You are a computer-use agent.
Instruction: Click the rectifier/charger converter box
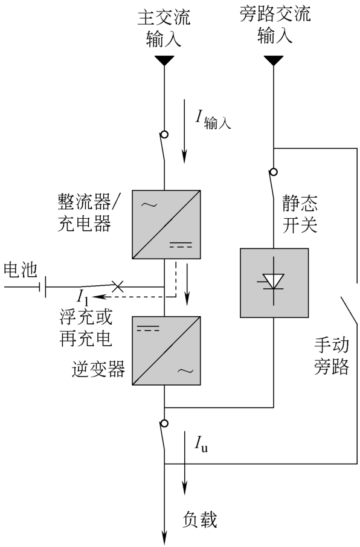click(166, 224)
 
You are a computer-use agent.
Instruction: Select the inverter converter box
click(166, 351)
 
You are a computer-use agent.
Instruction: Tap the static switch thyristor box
click(274, 283)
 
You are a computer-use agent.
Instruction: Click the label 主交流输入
click(164, 28)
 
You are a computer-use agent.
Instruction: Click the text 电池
click(20, 270)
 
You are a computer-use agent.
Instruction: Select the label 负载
click(200, 520)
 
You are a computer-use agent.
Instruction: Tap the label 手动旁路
click(332, 356)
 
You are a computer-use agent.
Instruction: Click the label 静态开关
click(300, 214)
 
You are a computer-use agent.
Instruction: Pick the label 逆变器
click(98, 369)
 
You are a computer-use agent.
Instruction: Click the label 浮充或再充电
click(86, 328)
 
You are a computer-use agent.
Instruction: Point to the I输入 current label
click(213, 120)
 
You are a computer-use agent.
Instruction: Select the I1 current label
click(83, 298)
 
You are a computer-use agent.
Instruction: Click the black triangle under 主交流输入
click(164, 60)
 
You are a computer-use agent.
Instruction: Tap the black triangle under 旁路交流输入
click(274, 60)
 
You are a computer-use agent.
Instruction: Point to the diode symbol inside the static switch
click(274, 281)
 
